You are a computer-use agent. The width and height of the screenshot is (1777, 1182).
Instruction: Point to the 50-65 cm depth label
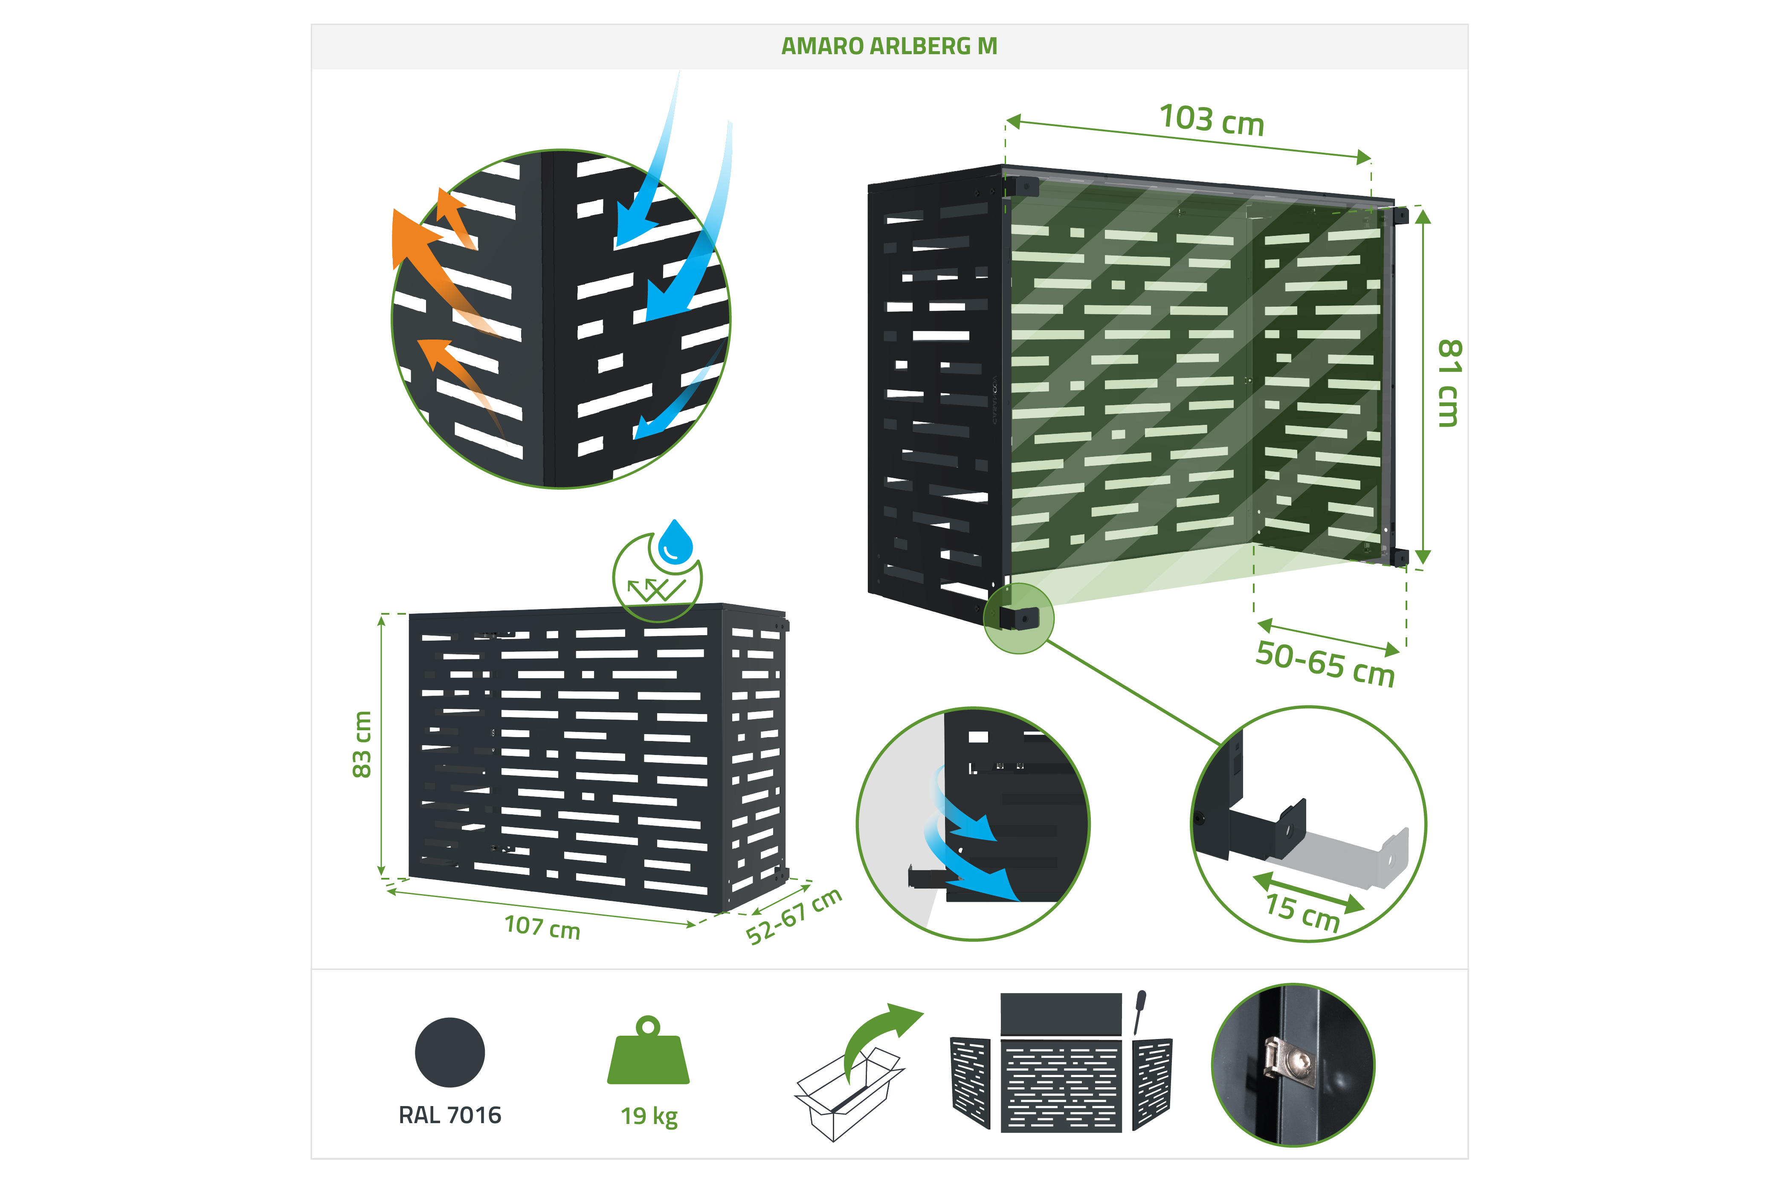click(x=1325, y=663)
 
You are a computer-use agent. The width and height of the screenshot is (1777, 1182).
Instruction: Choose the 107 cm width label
click(x=542, y=926)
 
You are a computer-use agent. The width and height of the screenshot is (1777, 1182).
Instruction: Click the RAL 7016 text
click(x=450, y=1115)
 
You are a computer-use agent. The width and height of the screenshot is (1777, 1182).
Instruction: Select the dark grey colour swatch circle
click(x=450, y=1052)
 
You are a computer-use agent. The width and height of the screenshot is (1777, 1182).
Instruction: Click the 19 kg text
click(x=649, y=1116)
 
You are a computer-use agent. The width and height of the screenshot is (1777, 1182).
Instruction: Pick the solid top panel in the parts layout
click(x=1061, y=1014)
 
